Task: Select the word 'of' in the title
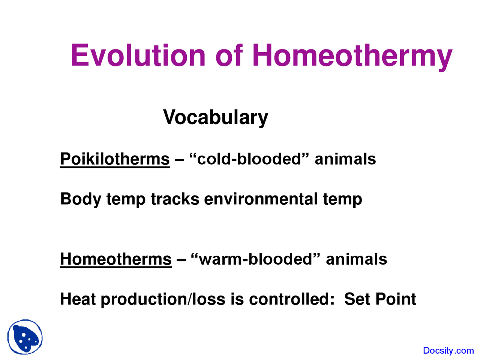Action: point(229,55)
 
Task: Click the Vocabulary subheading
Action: point(216,117)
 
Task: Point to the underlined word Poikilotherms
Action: point(115,159)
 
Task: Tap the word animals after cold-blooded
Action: point(345,159)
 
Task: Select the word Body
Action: point(81,199)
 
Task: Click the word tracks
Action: point(175,199)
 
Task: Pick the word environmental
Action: point(261,199)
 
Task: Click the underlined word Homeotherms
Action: point(115,259)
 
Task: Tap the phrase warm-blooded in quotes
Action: point(255,259)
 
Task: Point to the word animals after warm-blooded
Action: point(356,259)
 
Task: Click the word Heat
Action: point(78,299)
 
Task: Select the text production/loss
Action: point(163,299)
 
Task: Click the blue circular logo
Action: point(25,337)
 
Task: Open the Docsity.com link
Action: point(448,351)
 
